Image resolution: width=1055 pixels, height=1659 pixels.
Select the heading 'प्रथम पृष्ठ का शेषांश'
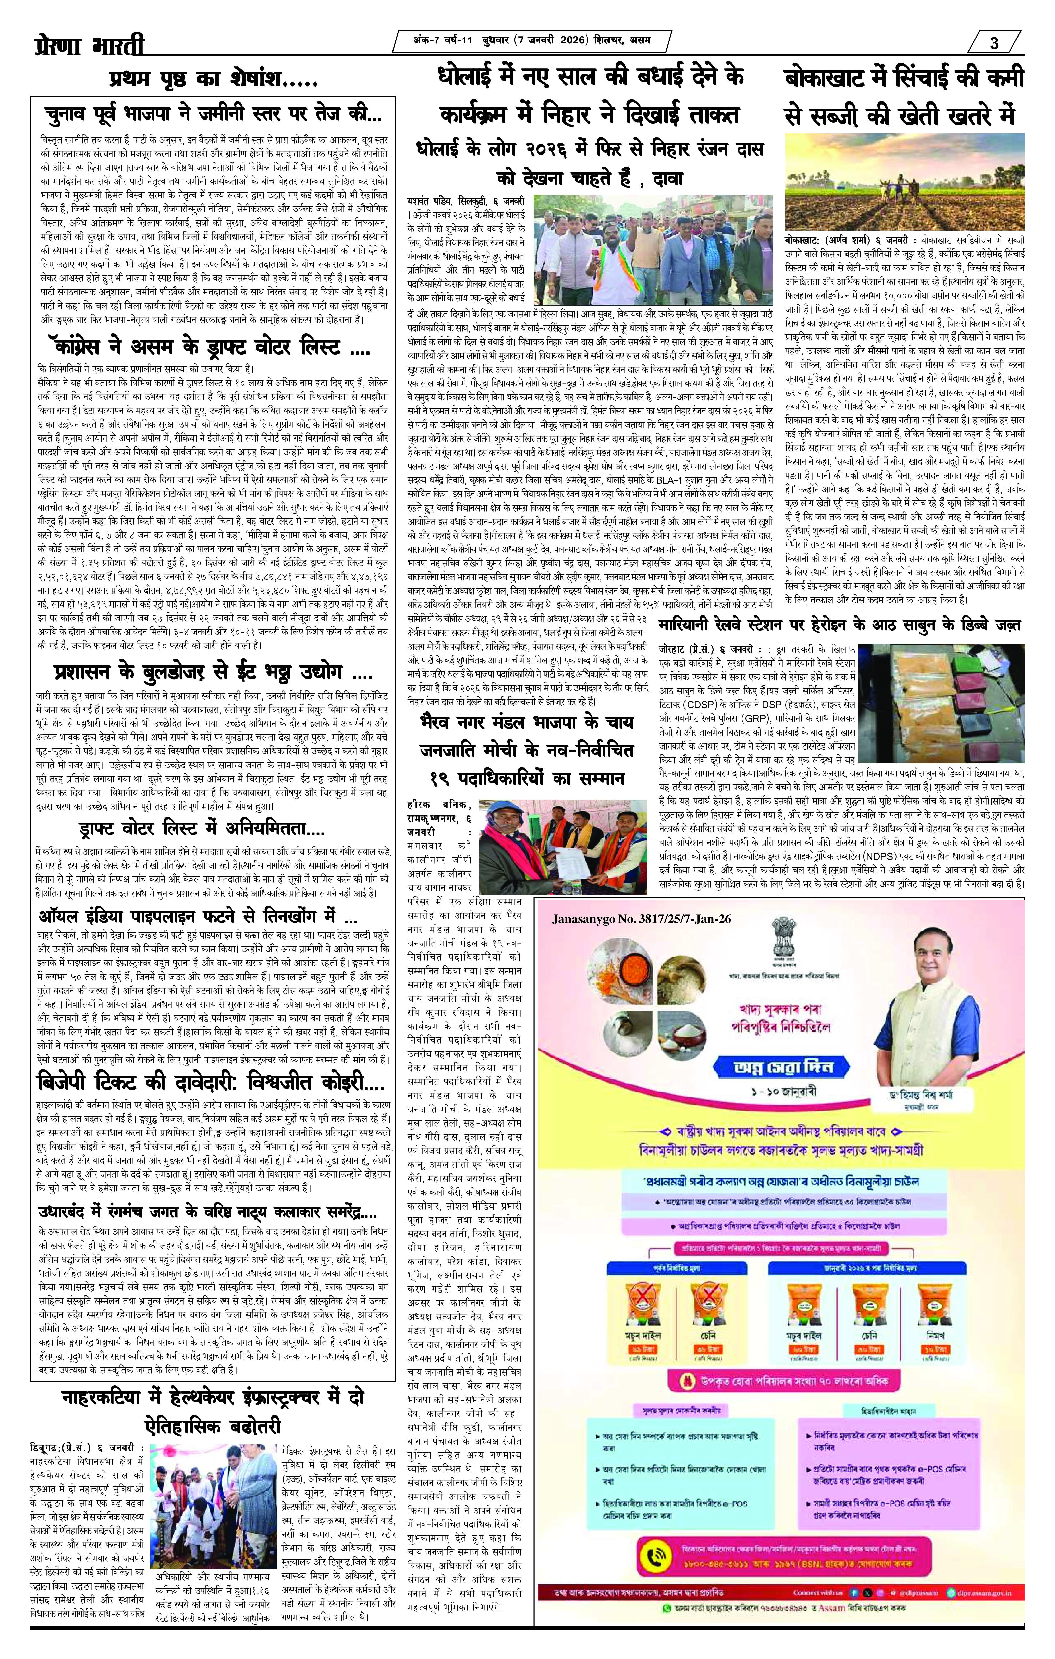point(212,81)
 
